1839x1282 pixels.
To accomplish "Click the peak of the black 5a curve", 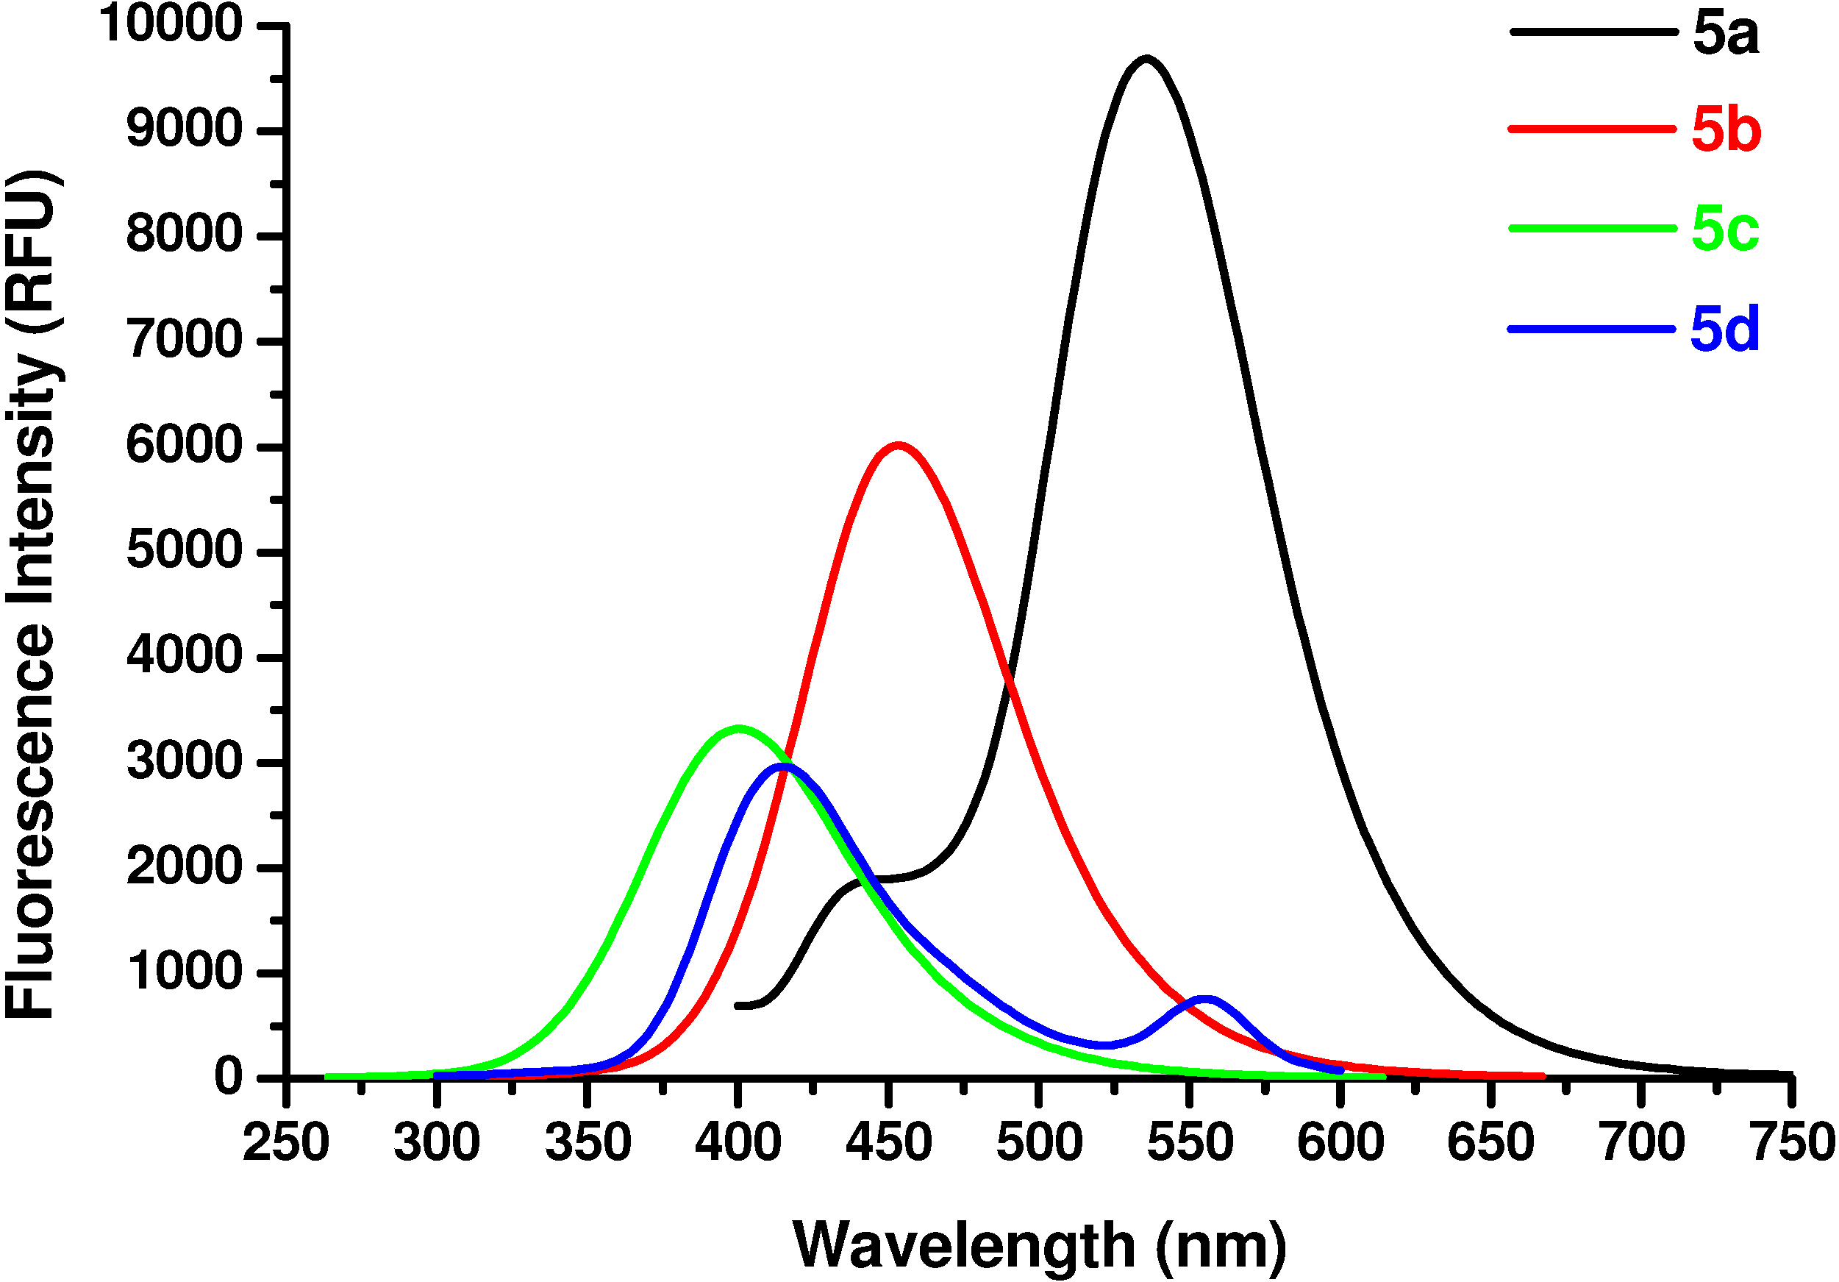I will [1147, 59].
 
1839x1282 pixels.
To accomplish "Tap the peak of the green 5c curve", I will [738, 728].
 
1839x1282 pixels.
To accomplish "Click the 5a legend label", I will [1725, 34].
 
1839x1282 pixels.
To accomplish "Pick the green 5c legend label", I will [1725, 229].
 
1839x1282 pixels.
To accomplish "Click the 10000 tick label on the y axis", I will [170, 24].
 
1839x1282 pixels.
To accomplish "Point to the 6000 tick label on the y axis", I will [185, 446].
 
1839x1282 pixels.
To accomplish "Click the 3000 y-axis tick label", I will [185, 761].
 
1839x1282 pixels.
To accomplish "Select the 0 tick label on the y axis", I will [228, 1077].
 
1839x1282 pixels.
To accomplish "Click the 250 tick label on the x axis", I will [286, 1142].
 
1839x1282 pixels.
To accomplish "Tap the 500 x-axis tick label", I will [1039, 1142].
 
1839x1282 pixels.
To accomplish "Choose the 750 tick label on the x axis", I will [1793, 1142].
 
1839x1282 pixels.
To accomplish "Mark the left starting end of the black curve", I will [738, 1005].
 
